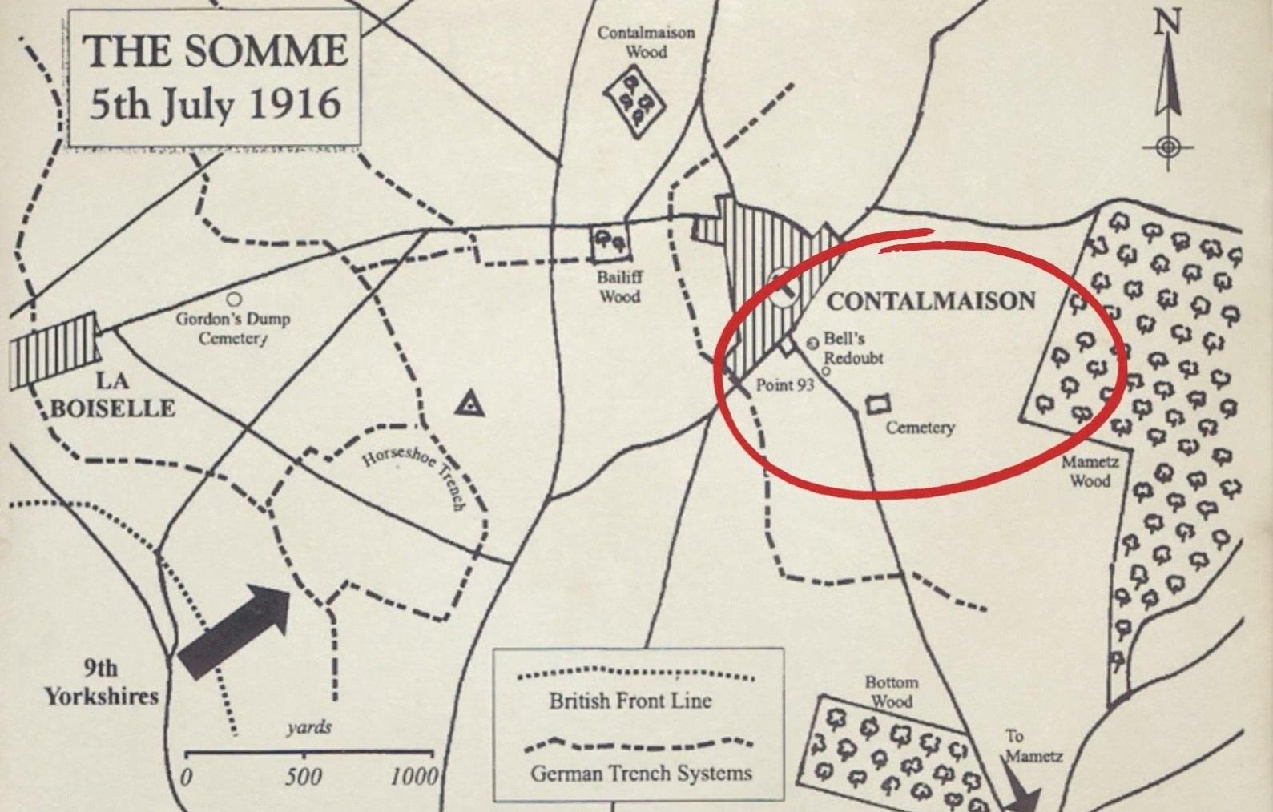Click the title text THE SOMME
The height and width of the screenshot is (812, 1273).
pyautogui.click(x=216, y=51)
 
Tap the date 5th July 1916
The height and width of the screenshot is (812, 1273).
pyautogui.click(x=215, y=105)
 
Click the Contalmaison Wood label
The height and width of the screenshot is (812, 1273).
pyautogui.click(x=646, y=42)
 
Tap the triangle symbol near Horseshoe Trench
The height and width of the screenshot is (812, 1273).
pyautogui.click(x=469, y=405)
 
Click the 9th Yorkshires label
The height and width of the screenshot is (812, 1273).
pyautogui.click(x=101, y=682)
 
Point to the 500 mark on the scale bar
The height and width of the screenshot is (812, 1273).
pyautogui.click(x=304, y=776)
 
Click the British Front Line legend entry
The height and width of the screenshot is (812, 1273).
pyautogui.click(x=630, y=701)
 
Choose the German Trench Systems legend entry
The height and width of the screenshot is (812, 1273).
pyautogui.click(x=641, y=773)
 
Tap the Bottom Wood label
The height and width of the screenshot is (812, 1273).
pyautogui.click(x=891, y=692)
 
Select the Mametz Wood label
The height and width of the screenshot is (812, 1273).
pyautogui.click(x=1090, y=472)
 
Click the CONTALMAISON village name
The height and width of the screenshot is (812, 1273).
pyautogui.click(x=931, y=301)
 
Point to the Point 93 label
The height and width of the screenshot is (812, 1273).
pyautogui.click(x=785, y=385)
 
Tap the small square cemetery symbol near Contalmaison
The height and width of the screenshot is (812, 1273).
pyautogui.click(x=879, y=404)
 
